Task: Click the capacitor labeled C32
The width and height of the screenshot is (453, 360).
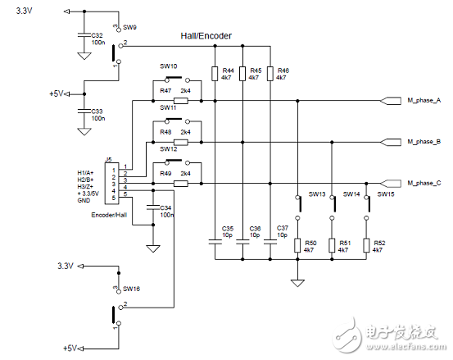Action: [x=83, y=36]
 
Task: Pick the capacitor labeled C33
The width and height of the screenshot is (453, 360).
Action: [x=83, y=109]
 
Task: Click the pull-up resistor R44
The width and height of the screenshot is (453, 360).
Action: [x=215, y=77]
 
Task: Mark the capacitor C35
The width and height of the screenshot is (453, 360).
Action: [x=215, y=241]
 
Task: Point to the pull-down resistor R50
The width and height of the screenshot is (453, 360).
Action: [x=297, y=246]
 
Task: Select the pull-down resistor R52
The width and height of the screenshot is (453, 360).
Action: [x=366, y=246]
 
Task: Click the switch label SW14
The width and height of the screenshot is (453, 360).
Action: [x=351, y=194]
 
